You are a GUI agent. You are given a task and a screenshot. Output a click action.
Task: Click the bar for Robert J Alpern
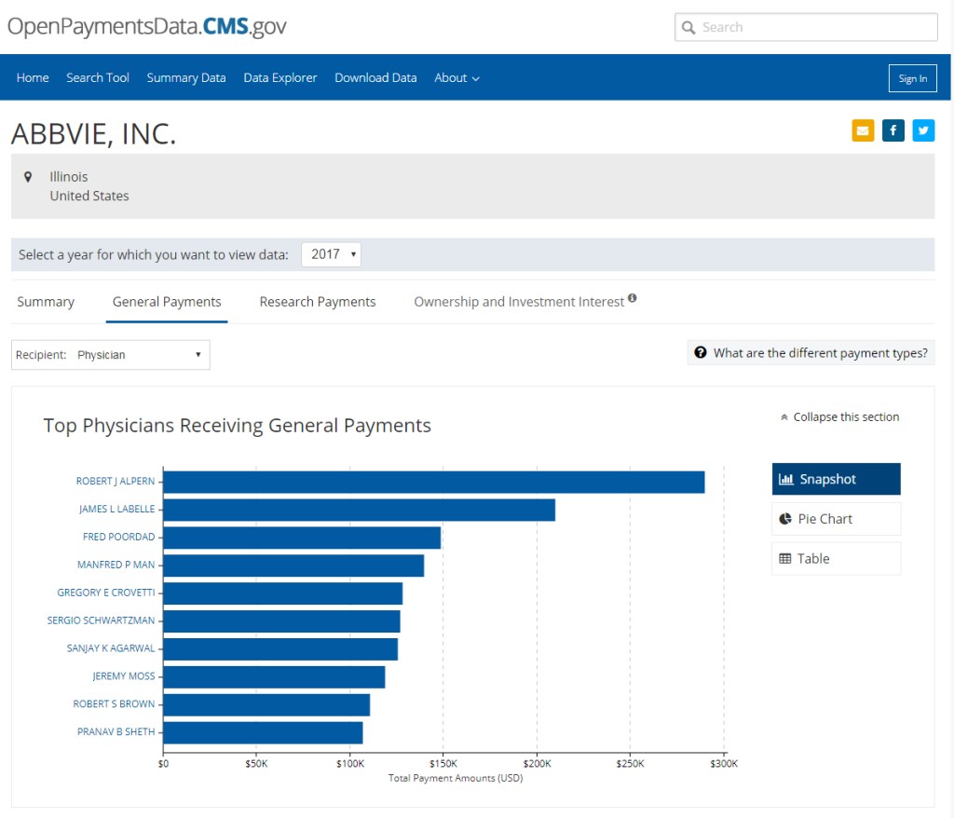pos(433,482)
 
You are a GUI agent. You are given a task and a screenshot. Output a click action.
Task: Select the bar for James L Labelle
pos(359,510)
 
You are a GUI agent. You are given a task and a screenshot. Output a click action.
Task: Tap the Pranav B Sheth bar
pos(263,732)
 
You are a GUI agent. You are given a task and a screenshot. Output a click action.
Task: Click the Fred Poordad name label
pos(118,538)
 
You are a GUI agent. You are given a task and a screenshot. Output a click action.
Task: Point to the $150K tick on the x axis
pos(443,764)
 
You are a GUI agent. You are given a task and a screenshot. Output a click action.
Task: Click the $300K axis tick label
pos(723,764)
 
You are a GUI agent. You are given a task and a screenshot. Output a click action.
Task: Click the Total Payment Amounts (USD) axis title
pos(455,778)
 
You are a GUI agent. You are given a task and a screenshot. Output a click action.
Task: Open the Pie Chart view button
pos(836,519)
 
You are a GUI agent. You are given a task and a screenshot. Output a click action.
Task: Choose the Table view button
pos(836,559)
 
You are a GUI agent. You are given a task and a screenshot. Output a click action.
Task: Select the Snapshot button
pos(836,479)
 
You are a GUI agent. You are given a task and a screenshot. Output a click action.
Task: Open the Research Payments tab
pos(318,302)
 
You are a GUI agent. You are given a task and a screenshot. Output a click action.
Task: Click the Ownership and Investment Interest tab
pos(519,302)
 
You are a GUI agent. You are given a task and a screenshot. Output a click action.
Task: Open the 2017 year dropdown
pos(331,254)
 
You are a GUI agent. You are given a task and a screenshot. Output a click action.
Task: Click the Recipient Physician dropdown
pos(111,355)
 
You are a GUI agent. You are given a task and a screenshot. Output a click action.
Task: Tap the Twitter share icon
pos(923,130)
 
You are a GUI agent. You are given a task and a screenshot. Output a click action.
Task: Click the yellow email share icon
pos(863,130)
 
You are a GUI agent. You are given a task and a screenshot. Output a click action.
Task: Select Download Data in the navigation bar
pos(375,78)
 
